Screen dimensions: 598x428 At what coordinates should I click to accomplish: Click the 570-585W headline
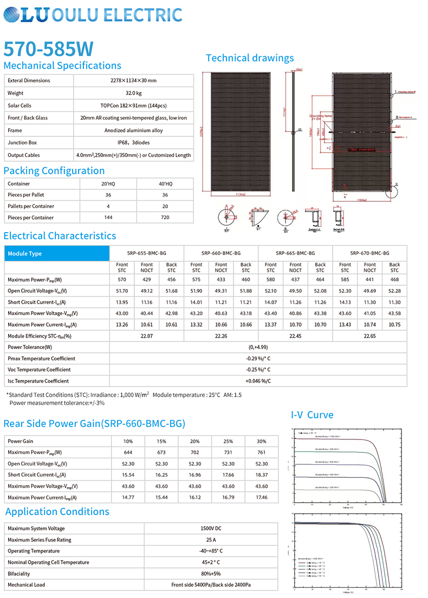(x=49, y=49)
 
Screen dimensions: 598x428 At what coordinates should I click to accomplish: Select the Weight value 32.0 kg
(x=133, y=93)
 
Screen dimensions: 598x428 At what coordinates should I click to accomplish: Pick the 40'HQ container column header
(x=165, y=184)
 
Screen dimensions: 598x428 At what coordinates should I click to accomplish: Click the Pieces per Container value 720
(x=165, y=218)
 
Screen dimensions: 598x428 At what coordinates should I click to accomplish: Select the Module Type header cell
(x=25, y=253)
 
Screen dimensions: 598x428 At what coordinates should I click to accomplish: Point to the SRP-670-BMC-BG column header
(x=369, y=253)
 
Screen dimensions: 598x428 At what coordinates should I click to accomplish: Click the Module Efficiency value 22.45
(x=295, y=336)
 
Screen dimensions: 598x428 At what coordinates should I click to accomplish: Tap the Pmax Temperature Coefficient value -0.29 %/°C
(x=258, y=359)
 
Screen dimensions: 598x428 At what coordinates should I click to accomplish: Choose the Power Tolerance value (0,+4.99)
(x=258, y=347)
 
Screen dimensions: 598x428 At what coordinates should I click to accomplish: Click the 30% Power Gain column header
(x=261, y=441)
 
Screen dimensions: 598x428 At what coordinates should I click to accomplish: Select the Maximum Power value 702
(x=194, y=452)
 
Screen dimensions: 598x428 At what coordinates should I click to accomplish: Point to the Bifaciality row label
(x=19, y=574)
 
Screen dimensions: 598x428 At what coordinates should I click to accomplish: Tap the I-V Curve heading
(x=312, y=415)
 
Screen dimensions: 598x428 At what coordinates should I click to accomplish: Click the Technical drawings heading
(x=250, y=58)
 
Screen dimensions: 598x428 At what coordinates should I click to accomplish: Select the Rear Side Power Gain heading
(x=94, y=423)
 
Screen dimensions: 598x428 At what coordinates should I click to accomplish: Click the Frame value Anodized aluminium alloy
(x=133, y=130)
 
